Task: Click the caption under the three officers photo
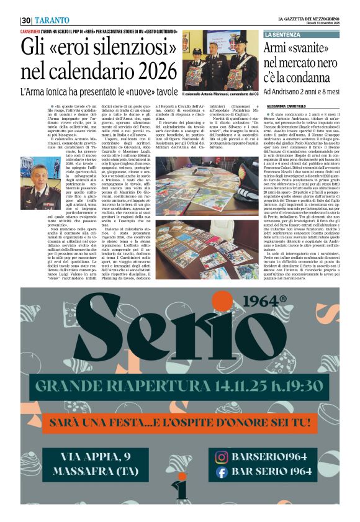point(220,94)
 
